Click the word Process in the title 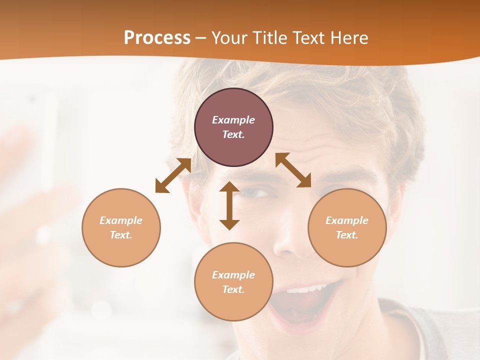tap(157, 38)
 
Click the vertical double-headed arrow tap(229, 205)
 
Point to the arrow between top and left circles tap(173, 175)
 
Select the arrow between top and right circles tap(293, 170)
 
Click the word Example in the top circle tap(233, 120)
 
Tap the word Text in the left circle tap(121, 235)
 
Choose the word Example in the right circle tap(347, 220)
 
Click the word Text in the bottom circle tap(233, 289)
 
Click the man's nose tap(290, 240)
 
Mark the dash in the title tap(201, 38)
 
